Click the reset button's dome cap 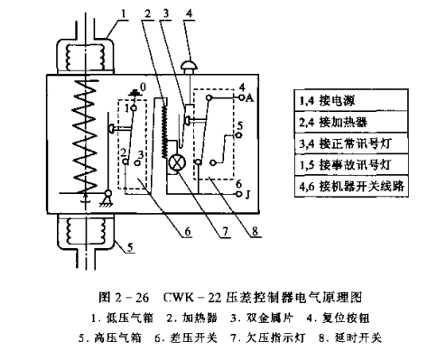(189, 65)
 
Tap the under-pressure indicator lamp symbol (177, 163)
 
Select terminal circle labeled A (240, 97)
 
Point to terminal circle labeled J (239, 194)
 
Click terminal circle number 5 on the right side (238, 135)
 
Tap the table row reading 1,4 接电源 (351, 100)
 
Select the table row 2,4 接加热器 (351, 122)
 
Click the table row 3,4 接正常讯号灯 (351, 143)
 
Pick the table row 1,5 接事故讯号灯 (351, 165)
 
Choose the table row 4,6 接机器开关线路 (351, 186)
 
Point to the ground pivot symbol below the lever (107, 199)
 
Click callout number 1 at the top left (123, 14)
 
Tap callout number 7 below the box (225, 232)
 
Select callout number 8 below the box (255, 232)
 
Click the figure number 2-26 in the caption (132, 298)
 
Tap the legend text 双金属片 (270, 318)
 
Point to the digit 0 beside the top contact (143, 87)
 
